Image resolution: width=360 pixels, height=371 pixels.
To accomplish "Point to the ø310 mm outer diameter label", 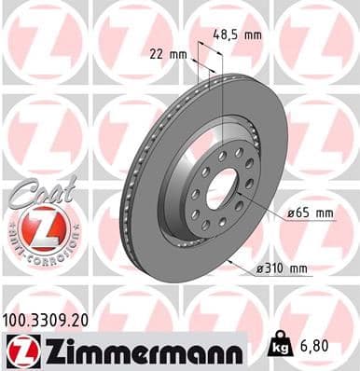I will [281, 269].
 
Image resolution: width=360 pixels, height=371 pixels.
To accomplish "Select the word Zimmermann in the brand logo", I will [140, 350].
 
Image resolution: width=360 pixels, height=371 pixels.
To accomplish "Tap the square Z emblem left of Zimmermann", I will [19, 350].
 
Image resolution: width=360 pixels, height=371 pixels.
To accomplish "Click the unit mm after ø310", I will [298, 269].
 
